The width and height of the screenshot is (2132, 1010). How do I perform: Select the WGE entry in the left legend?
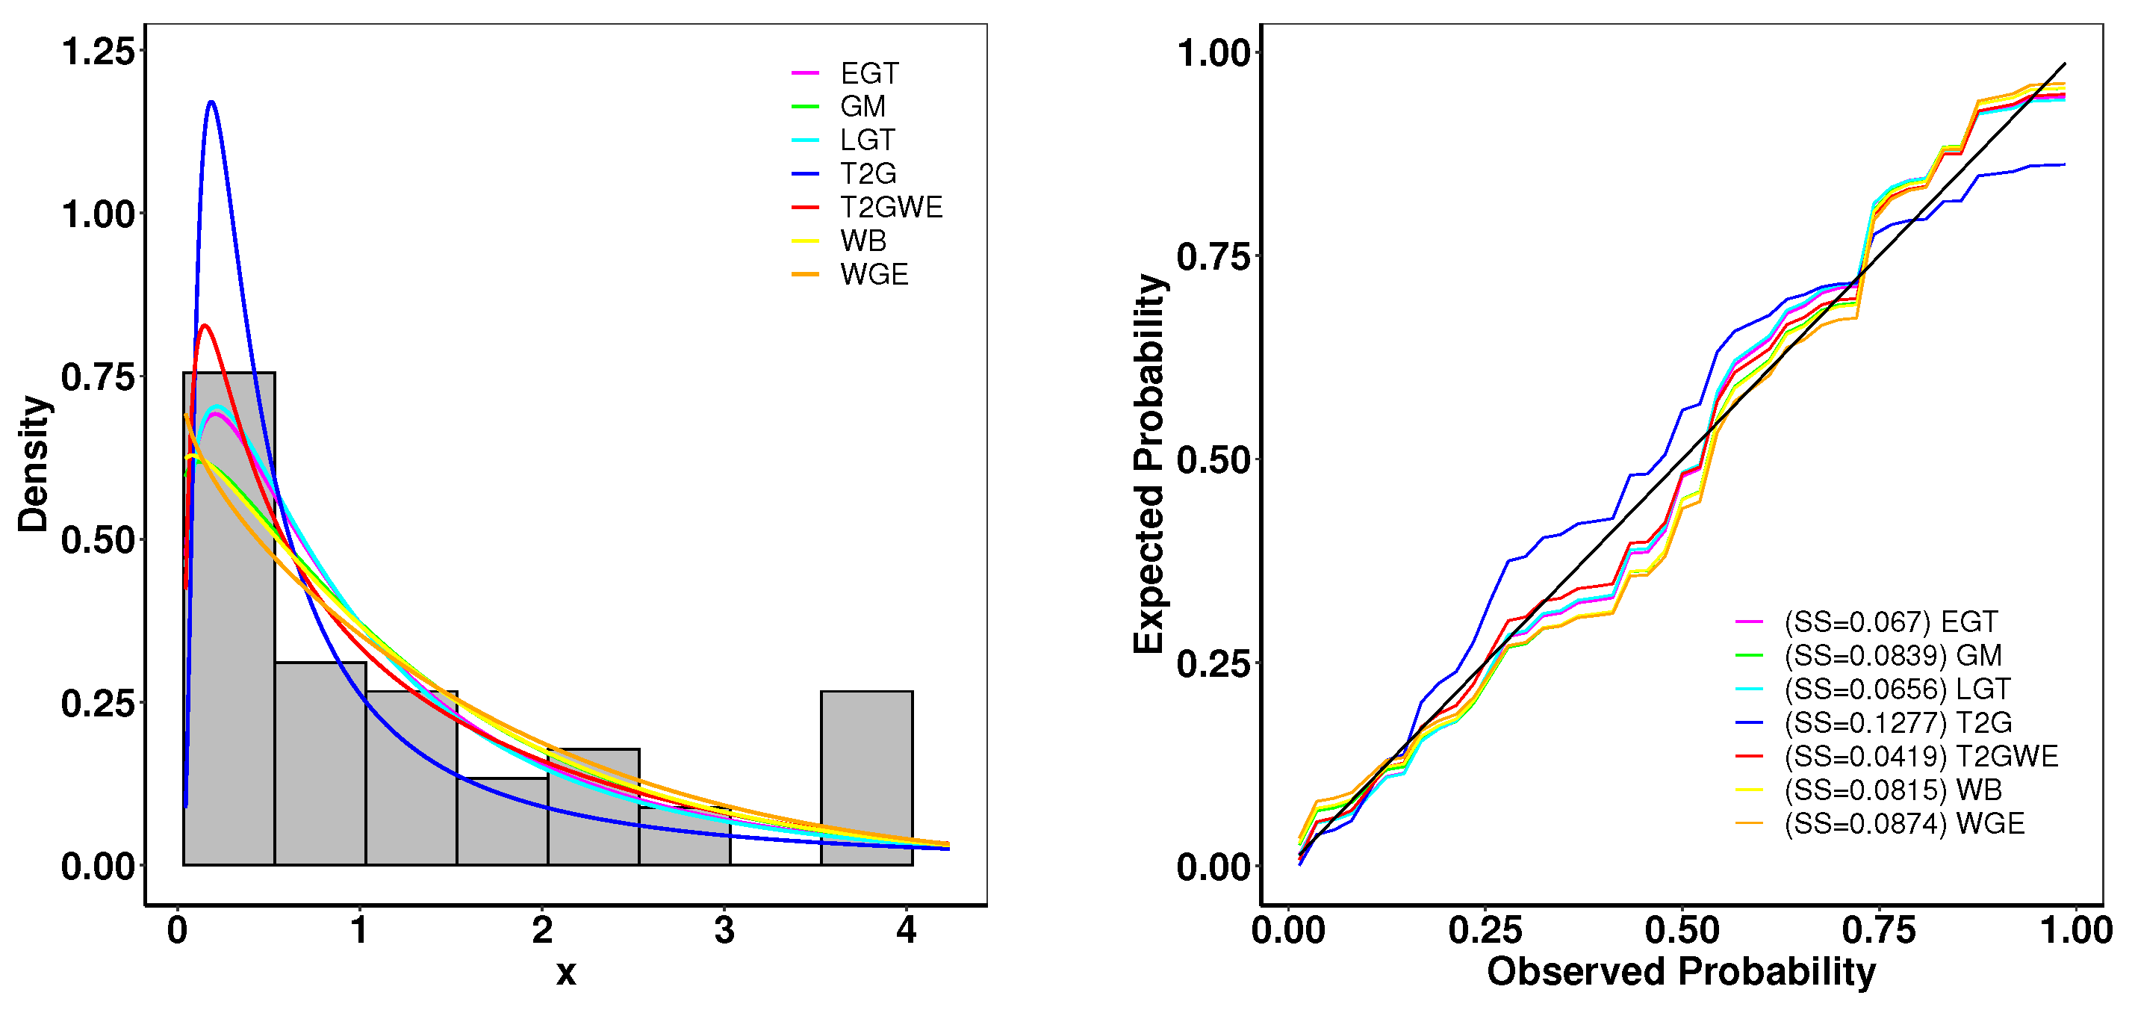873,274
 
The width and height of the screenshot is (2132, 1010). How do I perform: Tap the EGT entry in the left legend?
868,74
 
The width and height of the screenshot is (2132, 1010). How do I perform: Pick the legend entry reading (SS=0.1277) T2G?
1897,722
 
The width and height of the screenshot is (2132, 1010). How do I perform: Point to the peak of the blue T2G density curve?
212,102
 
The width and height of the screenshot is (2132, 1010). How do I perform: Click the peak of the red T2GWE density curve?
205,326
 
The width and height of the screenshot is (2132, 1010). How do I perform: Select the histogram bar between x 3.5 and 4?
866,778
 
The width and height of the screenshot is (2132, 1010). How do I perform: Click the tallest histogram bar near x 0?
229,621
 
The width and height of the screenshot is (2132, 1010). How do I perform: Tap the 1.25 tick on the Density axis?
98,52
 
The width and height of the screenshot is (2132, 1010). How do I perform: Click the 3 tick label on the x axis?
724,931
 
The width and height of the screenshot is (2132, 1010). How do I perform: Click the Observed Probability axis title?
1681,972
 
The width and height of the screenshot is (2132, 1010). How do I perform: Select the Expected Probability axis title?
1149,464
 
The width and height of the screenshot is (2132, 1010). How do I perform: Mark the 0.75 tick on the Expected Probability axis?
1212,257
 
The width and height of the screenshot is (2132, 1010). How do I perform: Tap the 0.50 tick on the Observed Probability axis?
1681,931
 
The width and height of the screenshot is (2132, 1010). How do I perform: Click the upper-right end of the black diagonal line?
2065,63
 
